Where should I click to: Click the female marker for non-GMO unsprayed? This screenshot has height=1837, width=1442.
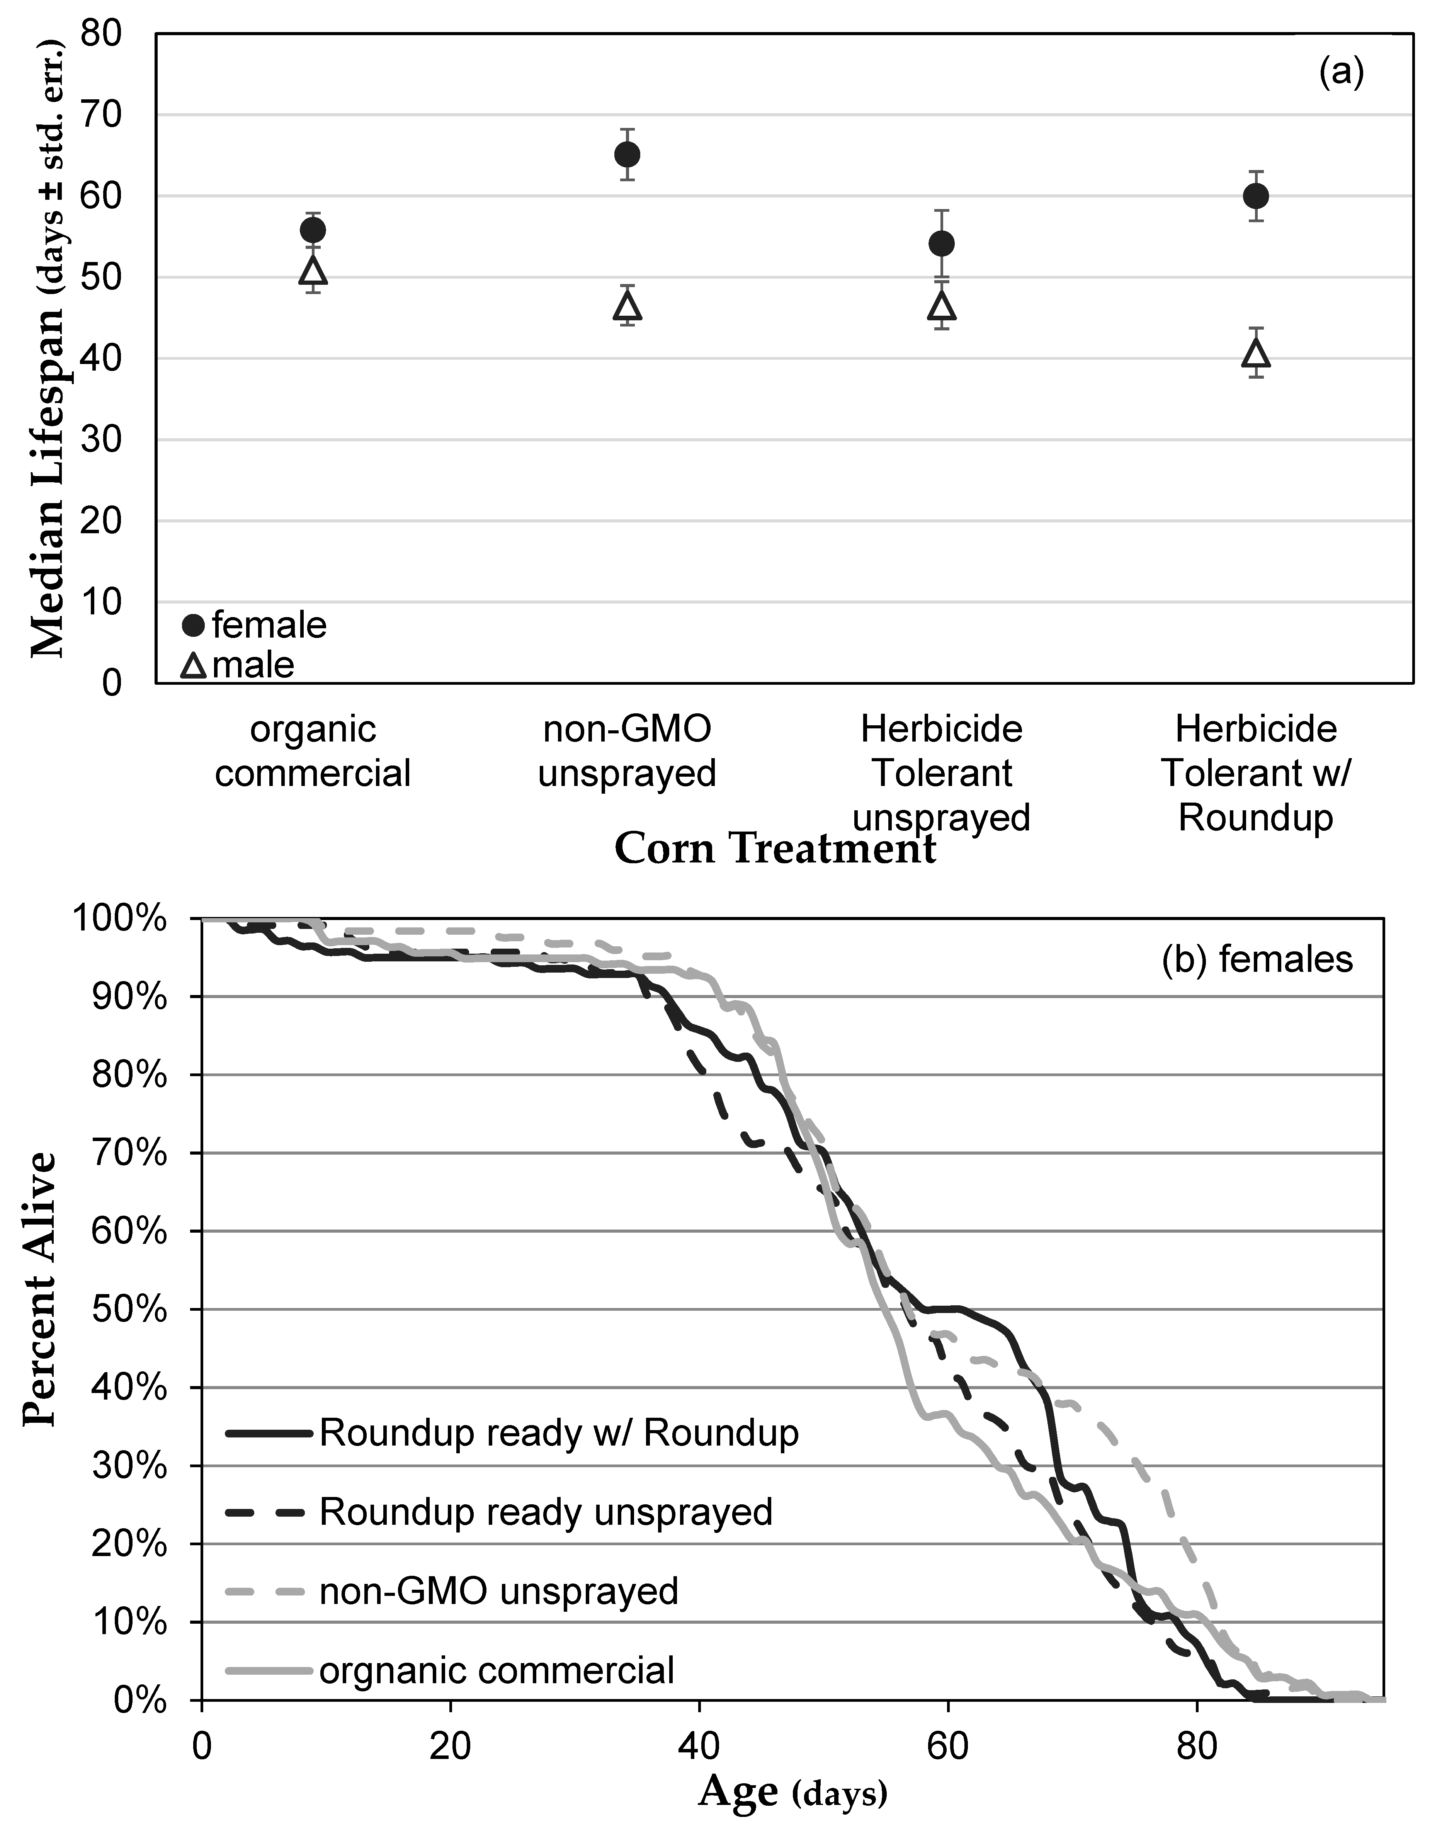(627, 155)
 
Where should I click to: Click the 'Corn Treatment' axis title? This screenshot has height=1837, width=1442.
(775, 849)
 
